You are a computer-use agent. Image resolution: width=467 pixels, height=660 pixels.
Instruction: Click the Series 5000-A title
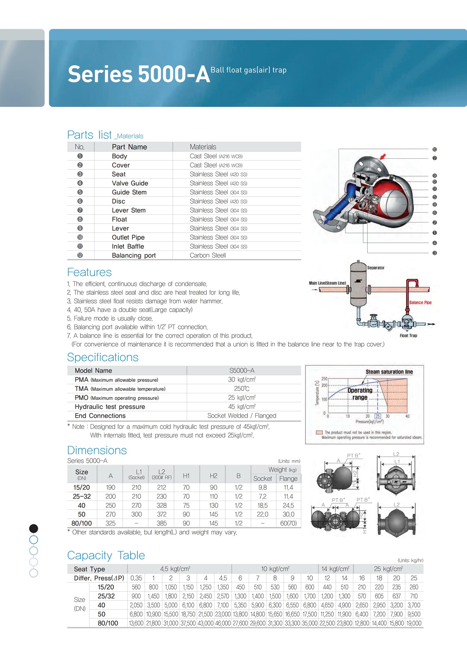[139, 74]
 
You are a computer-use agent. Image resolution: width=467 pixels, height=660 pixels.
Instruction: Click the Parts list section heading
[90, 135]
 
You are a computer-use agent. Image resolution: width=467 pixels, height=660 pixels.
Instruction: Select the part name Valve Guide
[130, 183]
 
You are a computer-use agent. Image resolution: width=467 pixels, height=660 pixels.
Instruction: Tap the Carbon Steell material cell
[208, 256]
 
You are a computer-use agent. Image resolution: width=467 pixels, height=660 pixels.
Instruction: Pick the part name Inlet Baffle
[128, 247]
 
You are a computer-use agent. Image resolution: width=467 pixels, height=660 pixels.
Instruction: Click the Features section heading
[89, 272]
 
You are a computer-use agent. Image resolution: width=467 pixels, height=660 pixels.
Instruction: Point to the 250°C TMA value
[242, 389]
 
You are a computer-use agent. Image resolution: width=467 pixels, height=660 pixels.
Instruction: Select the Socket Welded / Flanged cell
[242, 416]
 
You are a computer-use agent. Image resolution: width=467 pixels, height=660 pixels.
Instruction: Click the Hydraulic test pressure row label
[110, 407]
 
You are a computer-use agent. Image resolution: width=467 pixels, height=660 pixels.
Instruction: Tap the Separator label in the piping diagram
[376, 268]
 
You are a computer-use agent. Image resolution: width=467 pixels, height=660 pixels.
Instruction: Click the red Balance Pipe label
[420, 303]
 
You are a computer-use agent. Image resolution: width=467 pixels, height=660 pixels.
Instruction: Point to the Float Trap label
[408, 336]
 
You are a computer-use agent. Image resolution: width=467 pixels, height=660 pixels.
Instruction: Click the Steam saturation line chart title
[389, 372]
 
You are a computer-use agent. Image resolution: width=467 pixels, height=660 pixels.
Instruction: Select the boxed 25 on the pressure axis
[377, 416]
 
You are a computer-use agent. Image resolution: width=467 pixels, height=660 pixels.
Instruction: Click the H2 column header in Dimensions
[213, 476]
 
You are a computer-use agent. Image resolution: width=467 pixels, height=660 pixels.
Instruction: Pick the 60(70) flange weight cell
[288, 523]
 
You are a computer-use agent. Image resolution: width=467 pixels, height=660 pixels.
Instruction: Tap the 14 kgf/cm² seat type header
[335, 569]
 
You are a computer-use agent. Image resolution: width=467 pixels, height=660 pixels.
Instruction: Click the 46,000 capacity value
[223, 623]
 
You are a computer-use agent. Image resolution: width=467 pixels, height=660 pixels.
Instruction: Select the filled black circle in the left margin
[34, 528]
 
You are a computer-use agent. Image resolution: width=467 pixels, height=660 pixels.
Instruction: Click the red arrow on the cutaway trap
[383, 156]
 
